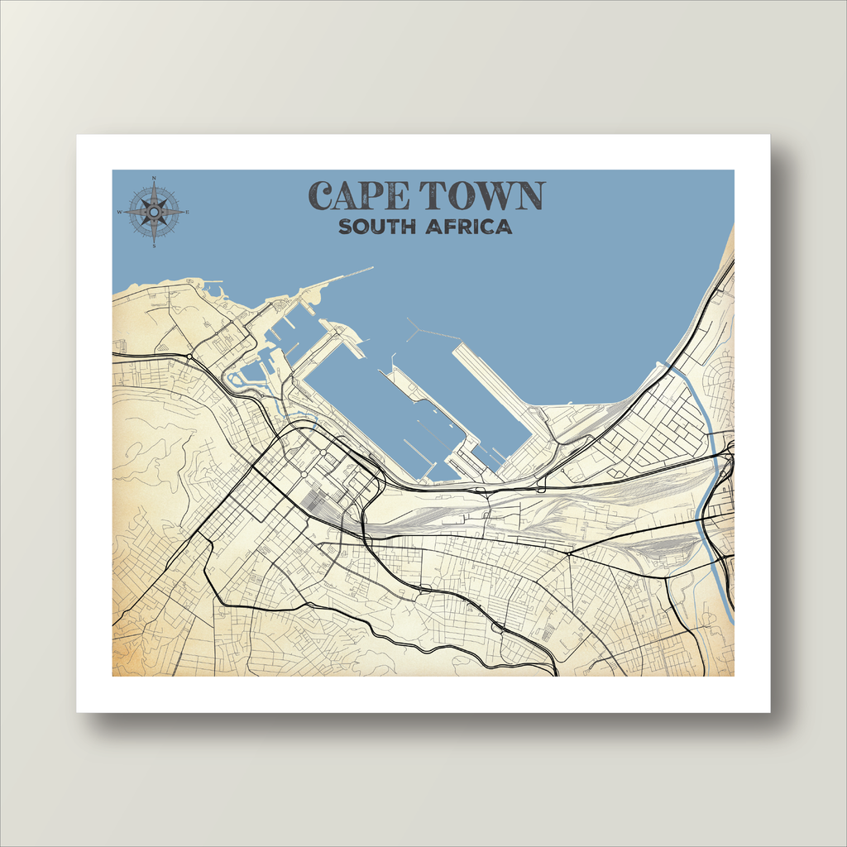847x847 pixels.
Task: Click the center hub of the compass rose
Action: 154,212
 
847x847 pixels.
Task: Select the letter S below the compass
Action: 154,246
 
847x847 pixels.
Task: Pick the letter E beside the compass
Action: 188,213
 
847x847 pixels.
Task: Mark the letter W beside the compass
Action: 120,213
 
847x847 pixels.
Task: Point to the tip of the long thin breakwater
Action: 371,267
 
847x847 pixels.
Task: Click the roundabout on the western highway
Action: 189,357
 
